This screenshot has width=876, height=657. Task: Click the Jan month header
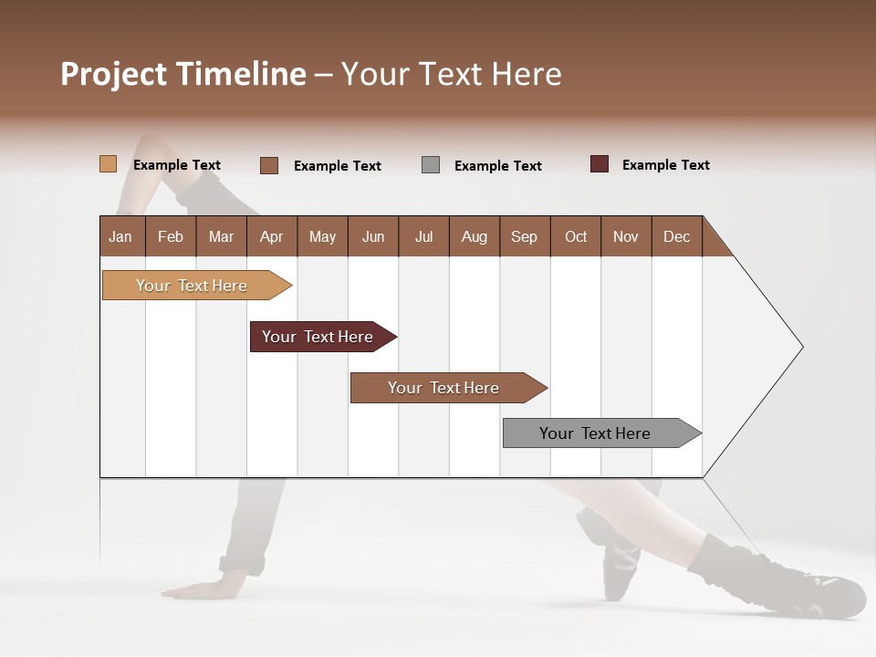(121, 236)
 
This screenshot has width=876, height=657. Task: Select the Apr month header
(272, 236)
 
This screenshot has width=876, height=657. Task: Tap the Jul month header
(423, 236)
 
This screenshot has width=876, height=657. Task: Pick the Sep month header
(524, 236)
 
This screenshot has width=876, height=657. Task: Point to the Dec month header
(676, 236)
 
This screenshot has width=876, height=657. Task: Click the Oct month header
(575, 236)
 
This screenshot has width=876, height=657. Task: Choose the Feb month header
(171, 236)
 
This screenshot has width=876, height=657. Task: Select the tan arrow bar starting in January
(192, 286)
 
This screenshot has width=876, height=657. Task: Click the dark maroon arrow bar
(318, 337)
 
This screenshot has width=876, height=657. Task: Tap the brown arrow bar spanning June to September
(443, 388)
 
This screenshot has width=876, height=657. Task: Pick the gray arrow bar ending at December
(595, 433)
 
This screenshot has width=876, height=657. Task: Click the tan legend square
(108, 164)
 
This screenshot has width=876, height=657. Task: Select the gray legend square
(431, 164)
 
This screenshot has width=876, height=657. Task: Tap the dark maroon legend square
(600, 164)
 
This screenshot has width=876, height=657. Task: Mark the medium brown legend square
(269, 165)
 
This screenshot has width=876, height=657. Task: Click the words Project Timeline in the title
(182, 74)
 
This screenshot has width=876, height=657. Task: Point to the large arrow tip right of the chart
(785, 347)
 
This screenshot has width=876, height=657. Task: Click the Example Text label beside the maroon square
(665, 165)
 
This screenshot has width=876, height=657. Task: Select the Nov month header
(626, 236)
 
